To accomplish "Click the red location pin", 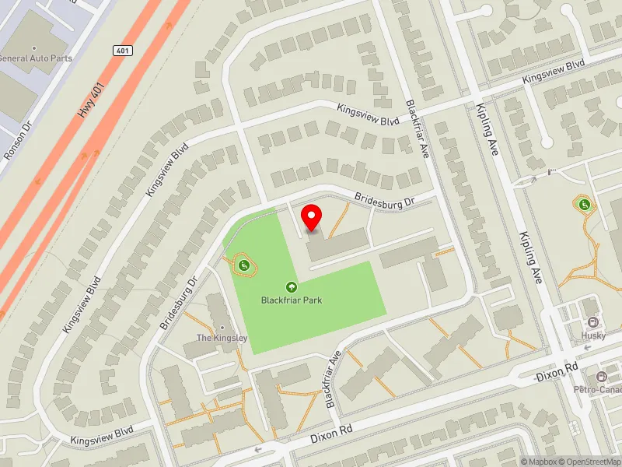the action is [x=312, y=217].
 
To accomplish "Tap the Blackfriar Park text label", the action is [x=292, y=300].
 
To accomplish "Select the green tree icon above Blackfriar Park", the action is [x=292, y=286].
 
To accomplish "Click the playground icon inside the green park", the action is [x=243, y=265].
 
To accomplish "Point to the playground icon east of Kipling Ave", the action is [x=582, y=205].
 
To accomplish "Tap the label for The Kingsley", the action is [x=222, y=338].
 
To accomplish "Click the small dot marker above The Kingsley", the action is [x=222, y=327].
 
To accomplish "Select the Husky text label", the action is [x=593, y=335].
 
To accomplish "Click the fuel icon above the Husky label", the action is [x=593, y=323].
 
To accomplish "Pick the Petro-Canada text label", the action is [x=597, y=388].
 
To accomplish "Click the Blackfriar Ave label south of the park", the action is [x=334, y=379].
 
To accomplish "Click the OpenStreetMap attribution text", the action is [x=592, y=462].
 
